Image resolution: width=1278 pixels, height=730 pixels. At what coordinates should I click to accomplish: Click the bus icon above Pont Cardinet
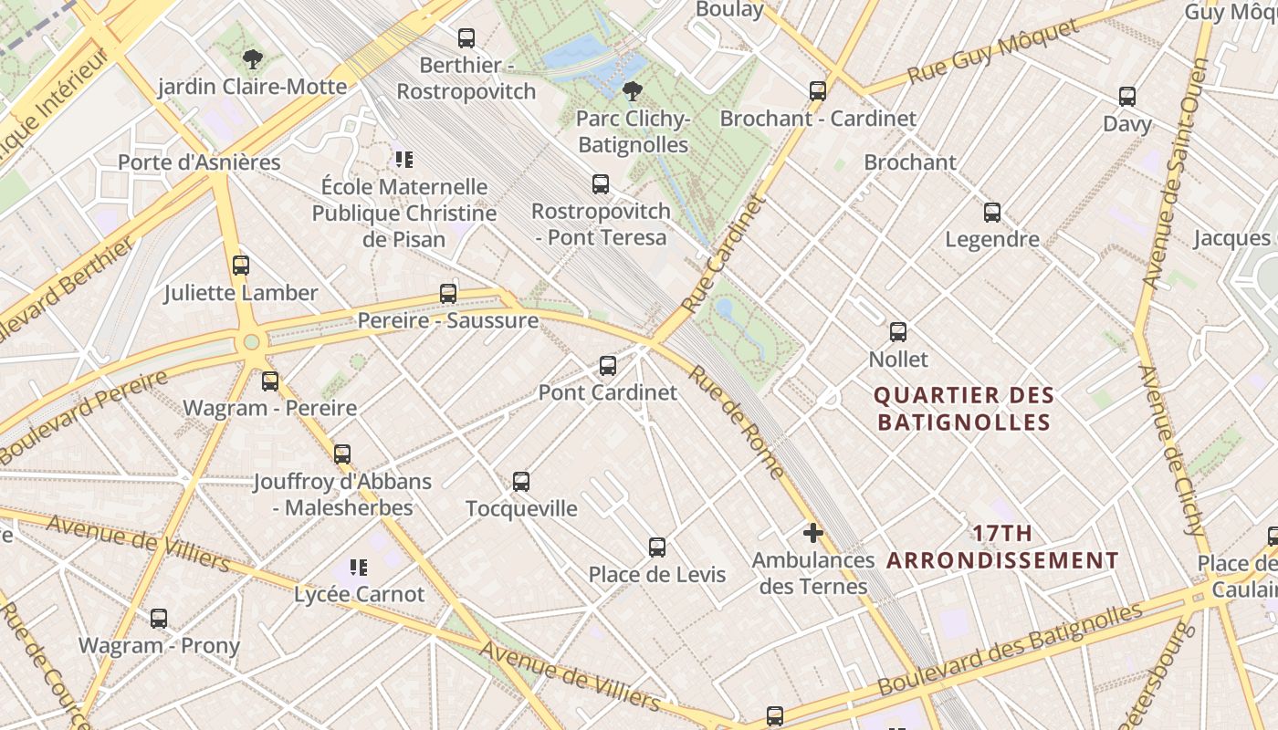tap(608, 366)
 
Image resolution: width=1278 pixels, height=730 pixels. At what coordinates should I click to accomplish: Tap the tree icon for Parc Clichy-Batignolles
tap(631, 90)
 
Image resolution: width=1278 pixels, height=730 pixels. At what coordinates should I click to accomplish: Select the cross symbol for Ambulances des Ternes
tap(812, 533)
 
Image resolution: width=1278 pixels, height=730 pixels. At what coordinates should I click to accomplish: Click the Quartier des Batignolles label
tap(963, 409)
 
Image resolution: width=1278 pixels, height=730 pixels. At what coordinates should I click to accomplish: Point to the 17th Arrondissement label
tap(1002, 547)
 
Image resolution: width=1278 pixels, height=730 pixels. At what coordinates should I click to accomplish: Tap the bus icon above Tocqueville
tap(521, 481)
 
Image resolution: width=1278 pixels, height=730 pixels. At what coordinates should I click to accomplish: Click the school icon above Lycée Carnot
tap(359, 568)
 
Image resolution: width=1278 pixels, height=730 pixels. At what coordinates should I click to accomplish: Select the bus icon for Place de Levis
tap(657, 547)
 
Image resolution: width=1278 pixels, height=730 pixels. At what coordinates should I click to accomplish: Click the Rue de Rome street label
tap(736, 422)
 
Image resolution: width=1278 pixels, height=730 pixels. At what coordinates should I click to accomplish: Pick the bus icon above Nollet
tap(898, 332)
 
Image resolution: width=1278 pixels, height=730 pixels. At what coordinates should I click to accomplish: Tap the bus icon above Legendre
tap(992, 213)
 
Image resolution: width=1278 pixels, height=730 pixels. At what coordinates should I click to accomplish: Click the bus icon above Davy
tap(1127, 97)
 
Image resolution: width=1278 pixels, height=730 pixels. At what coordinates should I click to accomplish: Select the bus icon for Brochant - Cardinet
tap(818, 91)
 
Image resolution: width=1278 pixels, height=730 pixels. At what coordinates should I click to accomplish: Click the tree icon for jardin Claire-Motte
tap(253, 60)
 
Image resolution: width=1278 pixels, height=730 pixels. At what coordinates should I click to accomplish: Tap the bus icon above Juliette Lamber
tap(241, 266)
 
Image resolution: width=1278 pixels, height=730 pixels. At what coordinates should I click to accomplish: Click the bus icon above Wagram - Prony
tap(159, 619)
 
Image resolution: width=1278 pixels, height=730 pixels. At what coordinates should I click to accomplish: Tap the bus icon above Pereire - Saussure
tap(448, 293)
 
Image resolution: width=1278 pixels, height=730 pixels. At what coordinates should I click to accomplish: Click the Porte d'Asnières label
tap(199, 162)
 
